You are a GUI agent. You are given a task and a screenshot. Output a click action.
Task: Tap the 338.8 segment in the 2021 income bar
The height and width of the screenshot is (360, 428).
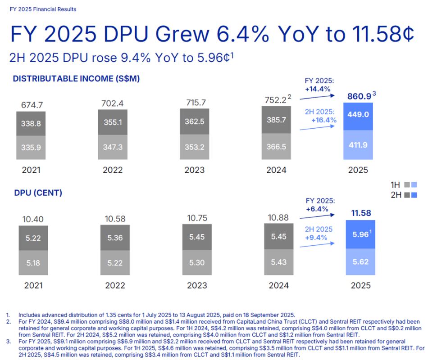(x=32, y=121)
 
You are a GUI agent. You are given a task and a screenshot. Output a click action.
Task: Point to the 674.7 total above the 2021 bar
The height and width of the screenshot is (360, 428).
(x=32, y=105)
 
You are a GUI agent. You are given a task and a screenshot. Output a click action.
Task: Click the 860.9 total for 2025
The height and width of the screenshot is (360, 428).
(x=359, y=96)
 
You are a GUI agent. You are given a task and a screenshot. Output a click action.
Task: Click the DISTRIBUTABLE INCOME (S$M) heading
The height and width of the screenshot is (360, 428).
(x=77, y=79)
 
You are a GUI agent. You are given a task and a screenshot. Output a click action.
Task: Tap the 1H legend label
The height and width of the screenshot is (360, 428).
(x=395, y=185)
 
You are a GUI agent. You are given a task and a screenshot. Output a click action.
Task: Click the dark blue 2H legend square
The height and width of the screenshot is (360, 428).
(x=414, y=195)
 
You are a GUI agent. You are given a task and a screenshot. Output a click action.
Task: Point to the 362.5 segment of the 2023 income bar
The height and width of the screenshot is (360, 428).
(x=195, y=121)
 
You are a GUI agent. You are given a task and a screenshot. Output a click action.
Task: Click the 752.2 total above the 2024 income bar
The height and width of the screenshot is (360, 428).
(x=274, y=99)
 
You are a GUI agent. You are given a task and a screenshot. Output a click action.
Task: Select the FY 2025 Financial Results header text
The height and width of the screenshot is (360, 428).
(x=43, y=9)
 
